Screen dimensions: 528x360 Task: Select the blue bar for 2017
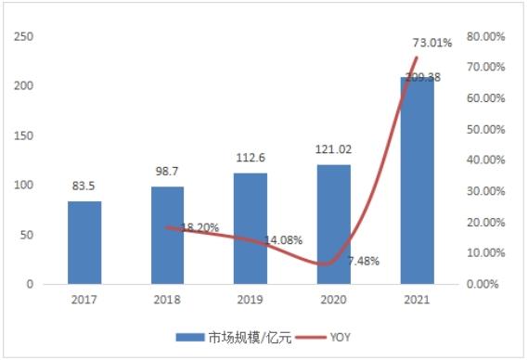(84, 242)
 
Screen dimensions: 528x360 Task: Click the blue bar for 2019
(251, 228)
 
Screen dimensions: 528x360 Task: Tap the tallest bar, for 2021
(418, 181)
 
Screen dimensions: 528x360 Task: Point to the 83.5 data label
(84, 186)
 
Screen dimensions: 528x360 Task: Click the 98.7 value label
(167, 172)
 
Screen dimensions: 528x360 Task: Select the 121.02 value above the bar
(333, 149)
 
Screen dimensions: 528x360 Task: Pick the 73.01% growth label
(432, 43)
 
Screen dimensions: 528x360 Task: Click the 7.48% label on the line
(364, 261)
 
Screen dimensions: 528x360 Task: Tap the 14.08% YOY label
(283, 240)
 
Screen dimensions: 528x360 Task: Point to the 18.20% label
(200, 227)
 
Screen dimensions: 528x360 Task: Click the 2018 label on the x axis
(167, 300)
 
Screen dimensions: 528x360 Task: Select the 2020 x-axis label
(333, 300)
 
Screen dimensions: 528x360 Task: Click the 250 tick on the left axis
(24, 36)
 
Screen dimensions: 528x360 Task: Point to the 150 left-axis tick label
(24, 135)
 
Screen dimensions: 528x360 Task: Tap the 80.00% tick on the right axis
(486, 36)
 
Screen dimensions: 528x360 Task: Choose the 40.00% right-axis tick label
(486, 160)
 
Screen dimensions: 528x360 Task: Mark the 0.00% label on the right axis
(483, 284)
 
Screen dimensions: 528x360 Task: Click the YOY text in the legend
(341, 337)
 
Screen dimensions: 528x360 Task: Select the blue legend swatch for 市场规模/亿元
(190, 337)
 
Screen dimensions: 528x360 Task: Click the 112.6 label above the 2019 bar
(251, 158)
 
